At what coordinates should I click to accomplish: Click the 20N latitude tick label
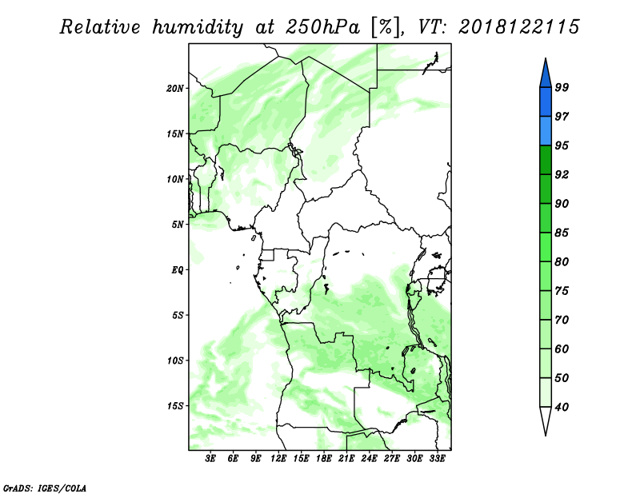pos(175,89)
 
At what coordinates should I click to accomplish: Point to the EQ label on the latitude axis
pos(177,270)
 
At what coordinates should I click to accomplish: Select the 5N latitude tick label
pos(178,225)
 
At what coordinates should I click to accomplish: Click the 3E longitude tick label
pos(210,458)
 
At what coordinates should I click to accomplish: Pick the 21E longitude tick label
pos(346,458)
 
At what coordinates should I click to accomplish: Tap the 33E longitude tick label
pos(437,458)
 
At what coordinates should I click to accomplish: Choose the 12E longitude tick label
pos(278,458)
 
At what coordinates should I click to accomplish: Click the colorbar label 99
pos(562,87)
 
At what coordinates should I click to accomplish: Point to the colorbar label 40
pos(562,407)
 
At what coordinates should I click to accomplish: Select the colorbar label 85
pos(562,233)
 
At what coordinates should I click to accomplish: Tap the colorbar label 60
pos(562,349)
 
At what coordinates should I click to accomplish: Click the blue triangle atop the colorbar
pos(546,75)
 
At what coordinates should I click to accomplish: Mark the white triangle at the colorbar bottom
pos(546,420)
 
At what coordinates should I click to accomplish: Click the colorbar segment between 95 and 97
pos(546,131)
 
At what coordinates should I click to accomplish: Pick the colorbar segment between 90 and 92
pos(546,189)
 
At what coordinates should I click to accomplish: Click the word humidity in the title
pos(198,27)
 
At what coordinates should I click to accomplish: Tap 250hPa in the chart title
pos(322,27)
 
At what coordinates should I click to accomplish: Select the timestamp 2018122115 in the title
pos(518,27)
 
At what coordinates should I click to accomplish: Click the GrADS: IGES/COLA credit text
pos(45,488)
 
